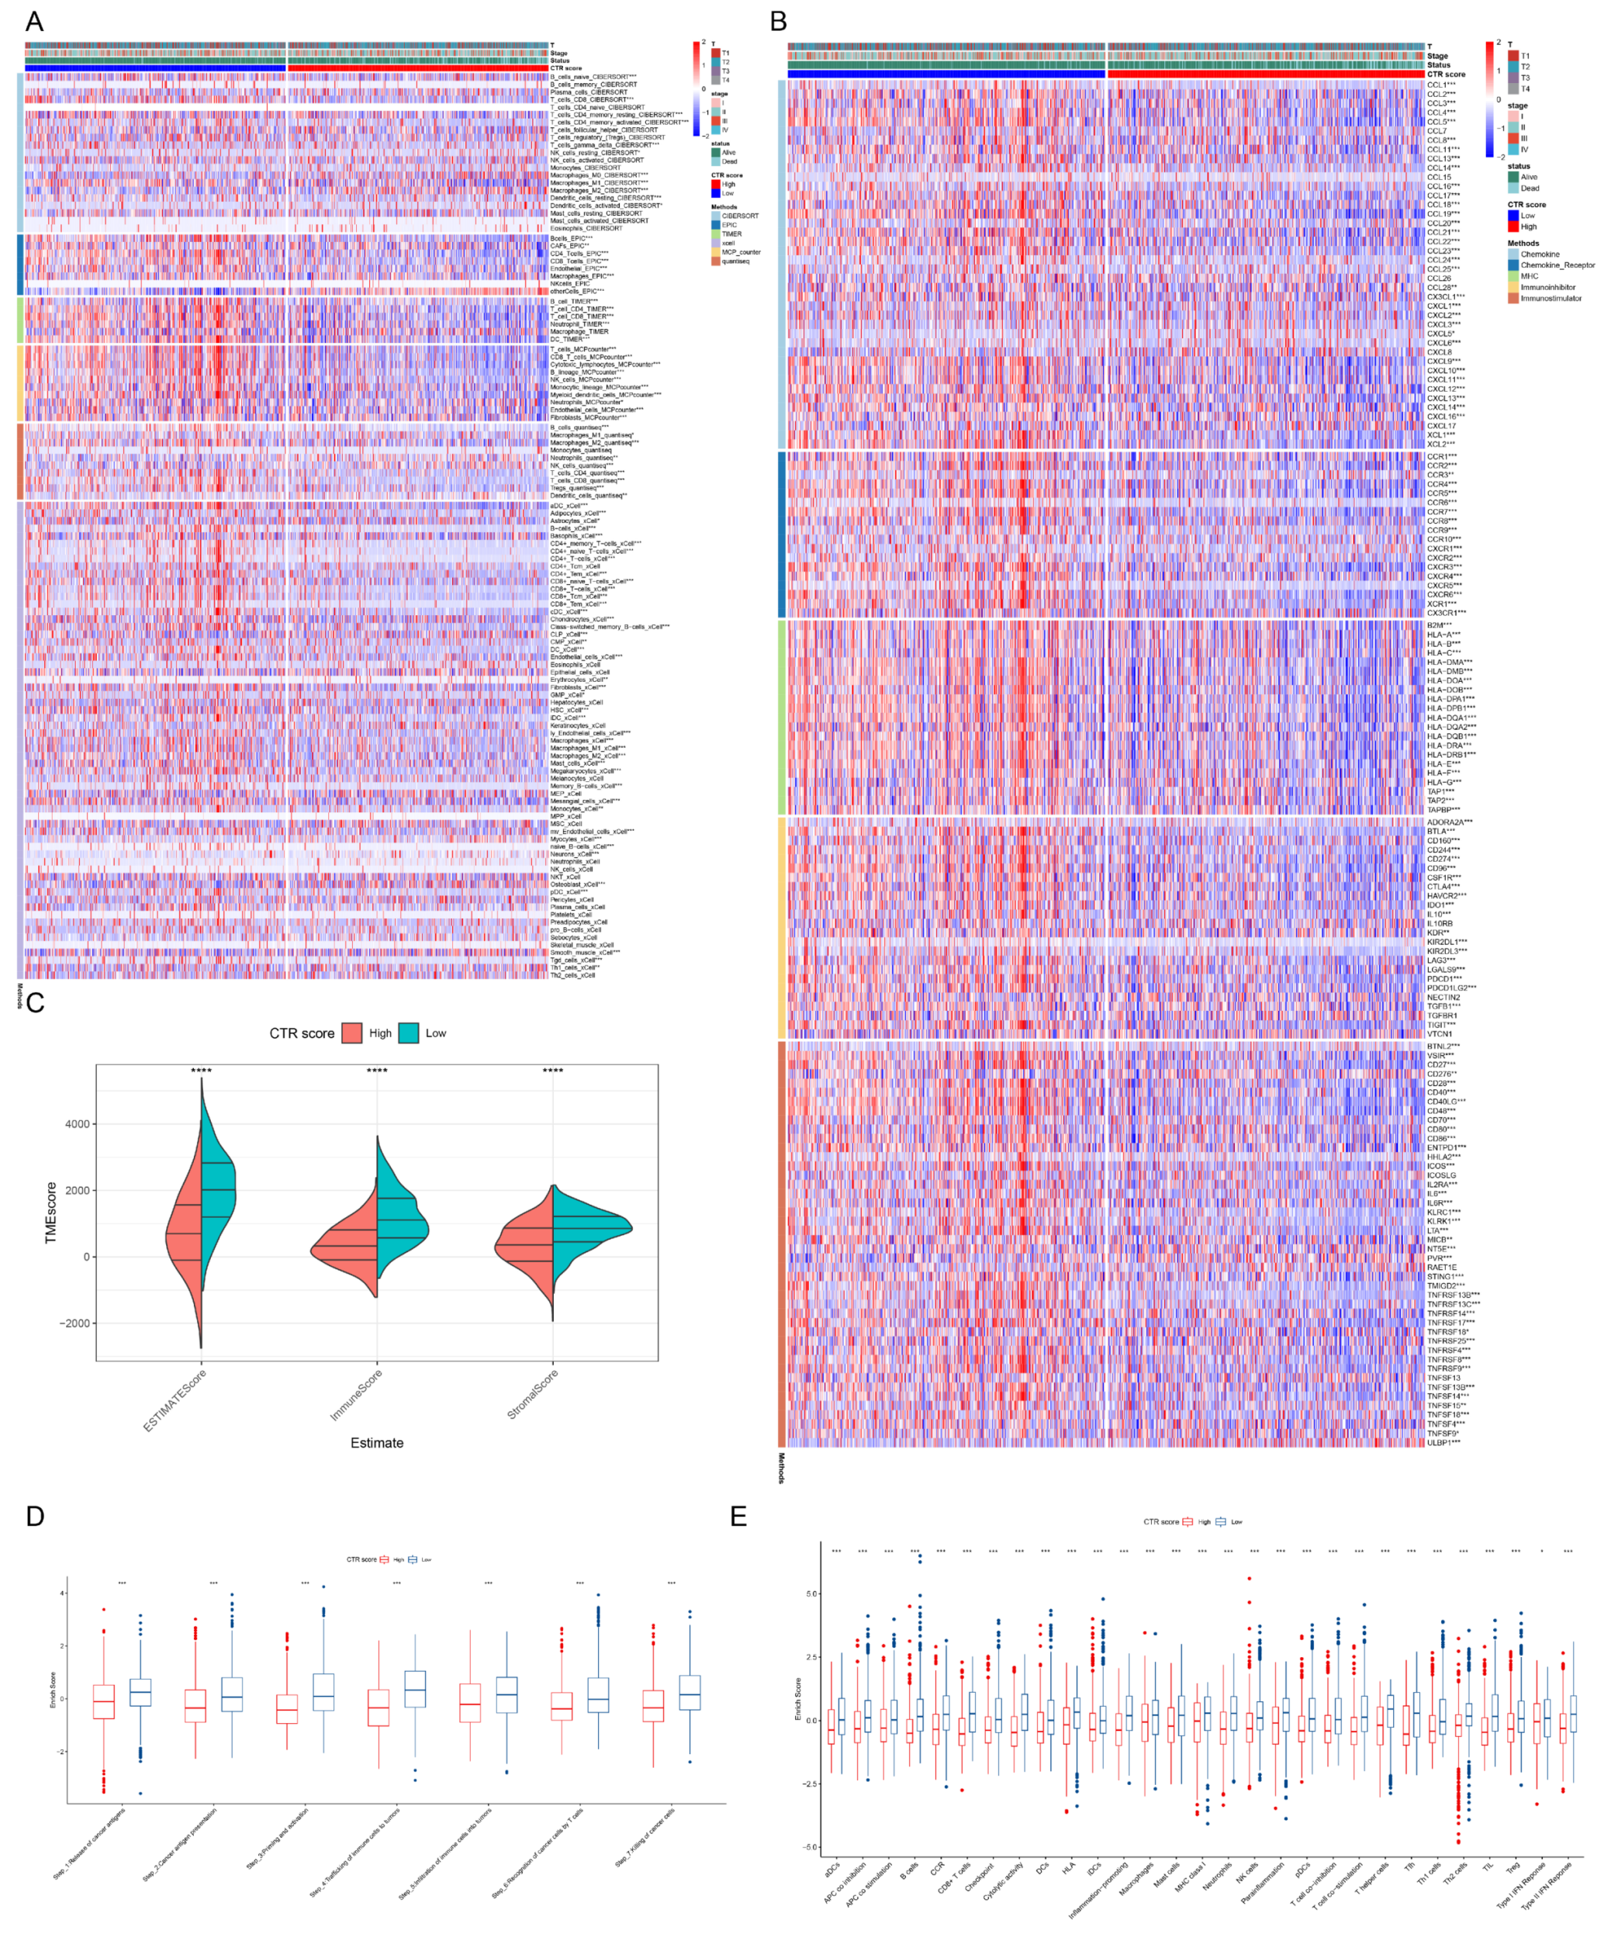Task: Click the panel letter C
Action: (35, 1002)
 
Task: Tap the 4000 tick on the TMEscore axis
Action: (78, 1123)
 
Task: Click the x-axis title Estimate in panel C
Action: (377, 1443)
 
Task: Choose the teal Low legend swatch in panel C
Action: (409, 1033)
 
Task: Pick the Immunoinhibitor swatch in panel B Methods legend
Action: (1512, 287)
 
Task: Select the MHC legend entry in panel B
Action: (1529, 276)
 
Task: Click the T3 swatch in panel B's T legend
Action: (1512, 78)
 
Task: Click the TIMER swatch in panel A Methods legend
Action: (715, 234)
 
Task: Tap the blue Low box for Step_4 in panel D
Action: (415, 1689)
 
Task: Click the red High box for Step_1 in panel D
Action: (104, 1702)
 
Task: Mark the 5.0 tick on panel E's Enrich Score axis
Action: (811, 1593)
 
